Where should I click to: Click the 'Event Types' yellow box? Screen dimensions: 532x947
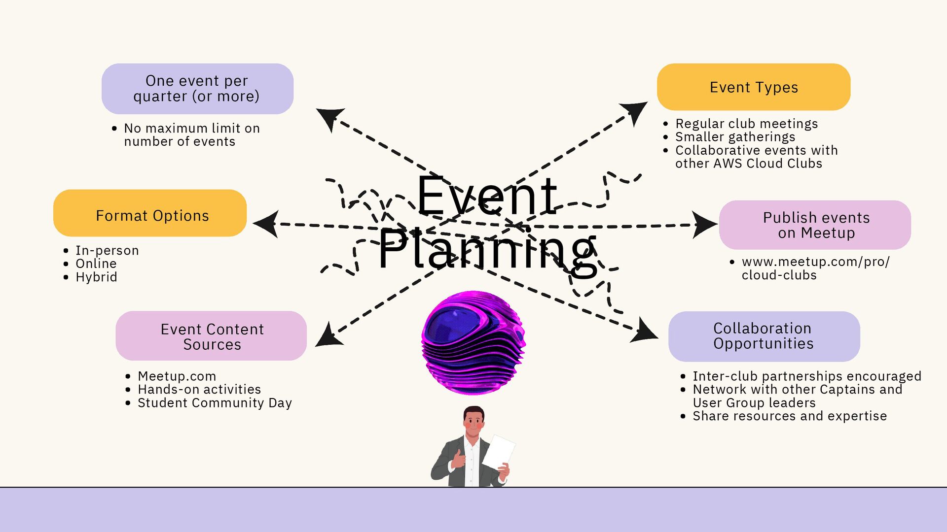point(753,87)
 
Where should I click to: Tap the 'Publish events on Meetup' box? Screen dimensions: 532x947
point(815,225)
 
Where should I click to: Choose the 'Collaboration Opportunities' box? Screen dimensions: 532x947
point(764,336)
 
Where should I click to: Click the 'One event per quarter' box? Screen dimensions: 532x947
point(197,89)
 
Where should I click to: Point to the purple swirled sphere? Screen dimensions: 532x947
point(473,342)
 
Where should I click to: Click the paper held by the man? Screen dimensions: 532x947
point(498,452)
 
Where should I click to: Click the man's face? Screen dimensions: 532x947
point(474,423)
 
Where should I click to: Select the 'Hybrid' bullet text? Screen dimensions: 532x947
point(96,277)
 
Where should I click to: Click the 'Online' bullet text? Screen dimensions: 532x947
point(96,264)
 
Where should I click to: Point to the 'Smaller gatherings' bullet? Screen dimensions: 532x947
point(735,137)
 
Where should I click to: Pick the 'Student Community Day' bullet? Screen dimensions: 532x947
point(215,403)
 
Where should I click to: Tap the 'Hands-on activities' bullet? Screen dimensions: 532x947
point(199,390)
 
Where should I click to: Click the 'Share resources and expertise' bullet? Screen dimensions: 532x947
point(789,416)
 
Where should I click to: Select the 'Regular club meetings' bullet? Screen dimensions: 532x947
point(746,124)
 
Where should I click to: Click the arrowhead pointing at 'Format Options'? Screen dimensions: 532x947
point(266,224)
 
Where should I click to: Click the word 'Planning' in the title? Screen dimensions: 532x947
point(487,251)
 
